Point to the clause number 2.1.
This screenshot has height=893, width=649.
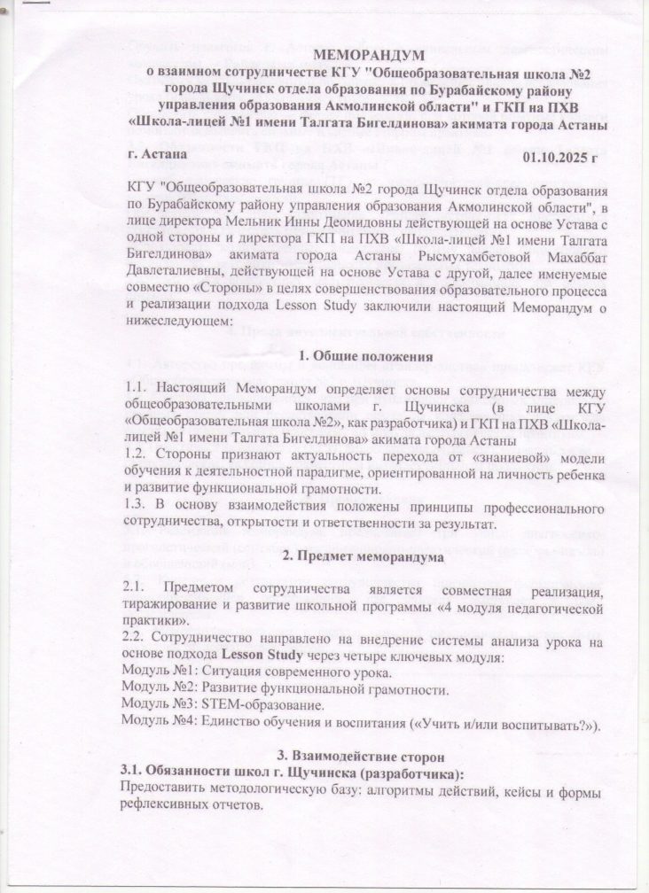[141, 589]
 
